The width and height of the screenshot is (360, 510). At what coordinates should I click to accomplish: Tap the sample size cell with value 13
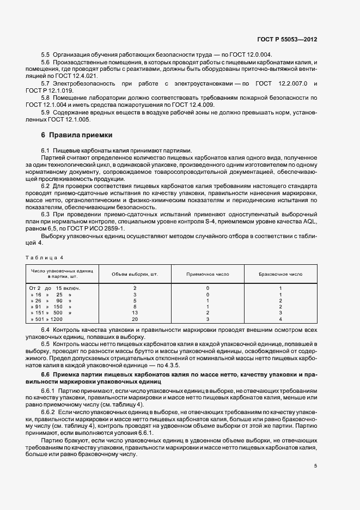pyautogui.click(x=135, y=312)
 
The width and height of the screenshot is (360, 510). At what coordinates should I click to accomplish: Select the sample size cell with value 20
pyautogui.click(x=135, y=319)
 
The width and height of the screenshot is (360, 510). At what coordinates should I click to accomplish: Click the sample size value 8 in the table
pyautogui.click(x=135, y=306)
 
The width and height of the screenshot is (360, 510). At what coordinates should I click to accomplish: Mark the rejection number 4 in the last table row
pyautogui.click(x=280, y=319)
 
